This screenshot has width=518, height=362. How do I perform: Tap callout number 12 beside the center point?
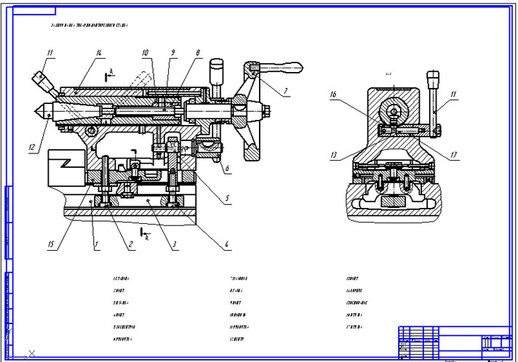(x=32, y=147)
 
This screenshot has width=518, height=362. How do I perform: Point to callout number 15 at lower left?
(x=51, y=245)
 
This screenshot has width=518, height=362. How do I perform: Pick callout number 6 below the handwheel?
(x=227, y=169)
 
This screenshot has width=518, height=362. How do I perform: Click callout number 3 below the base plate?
(x=175, y=245)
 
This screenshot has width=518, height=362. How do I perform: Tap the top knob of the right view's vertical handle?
(x=434, y=75)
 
